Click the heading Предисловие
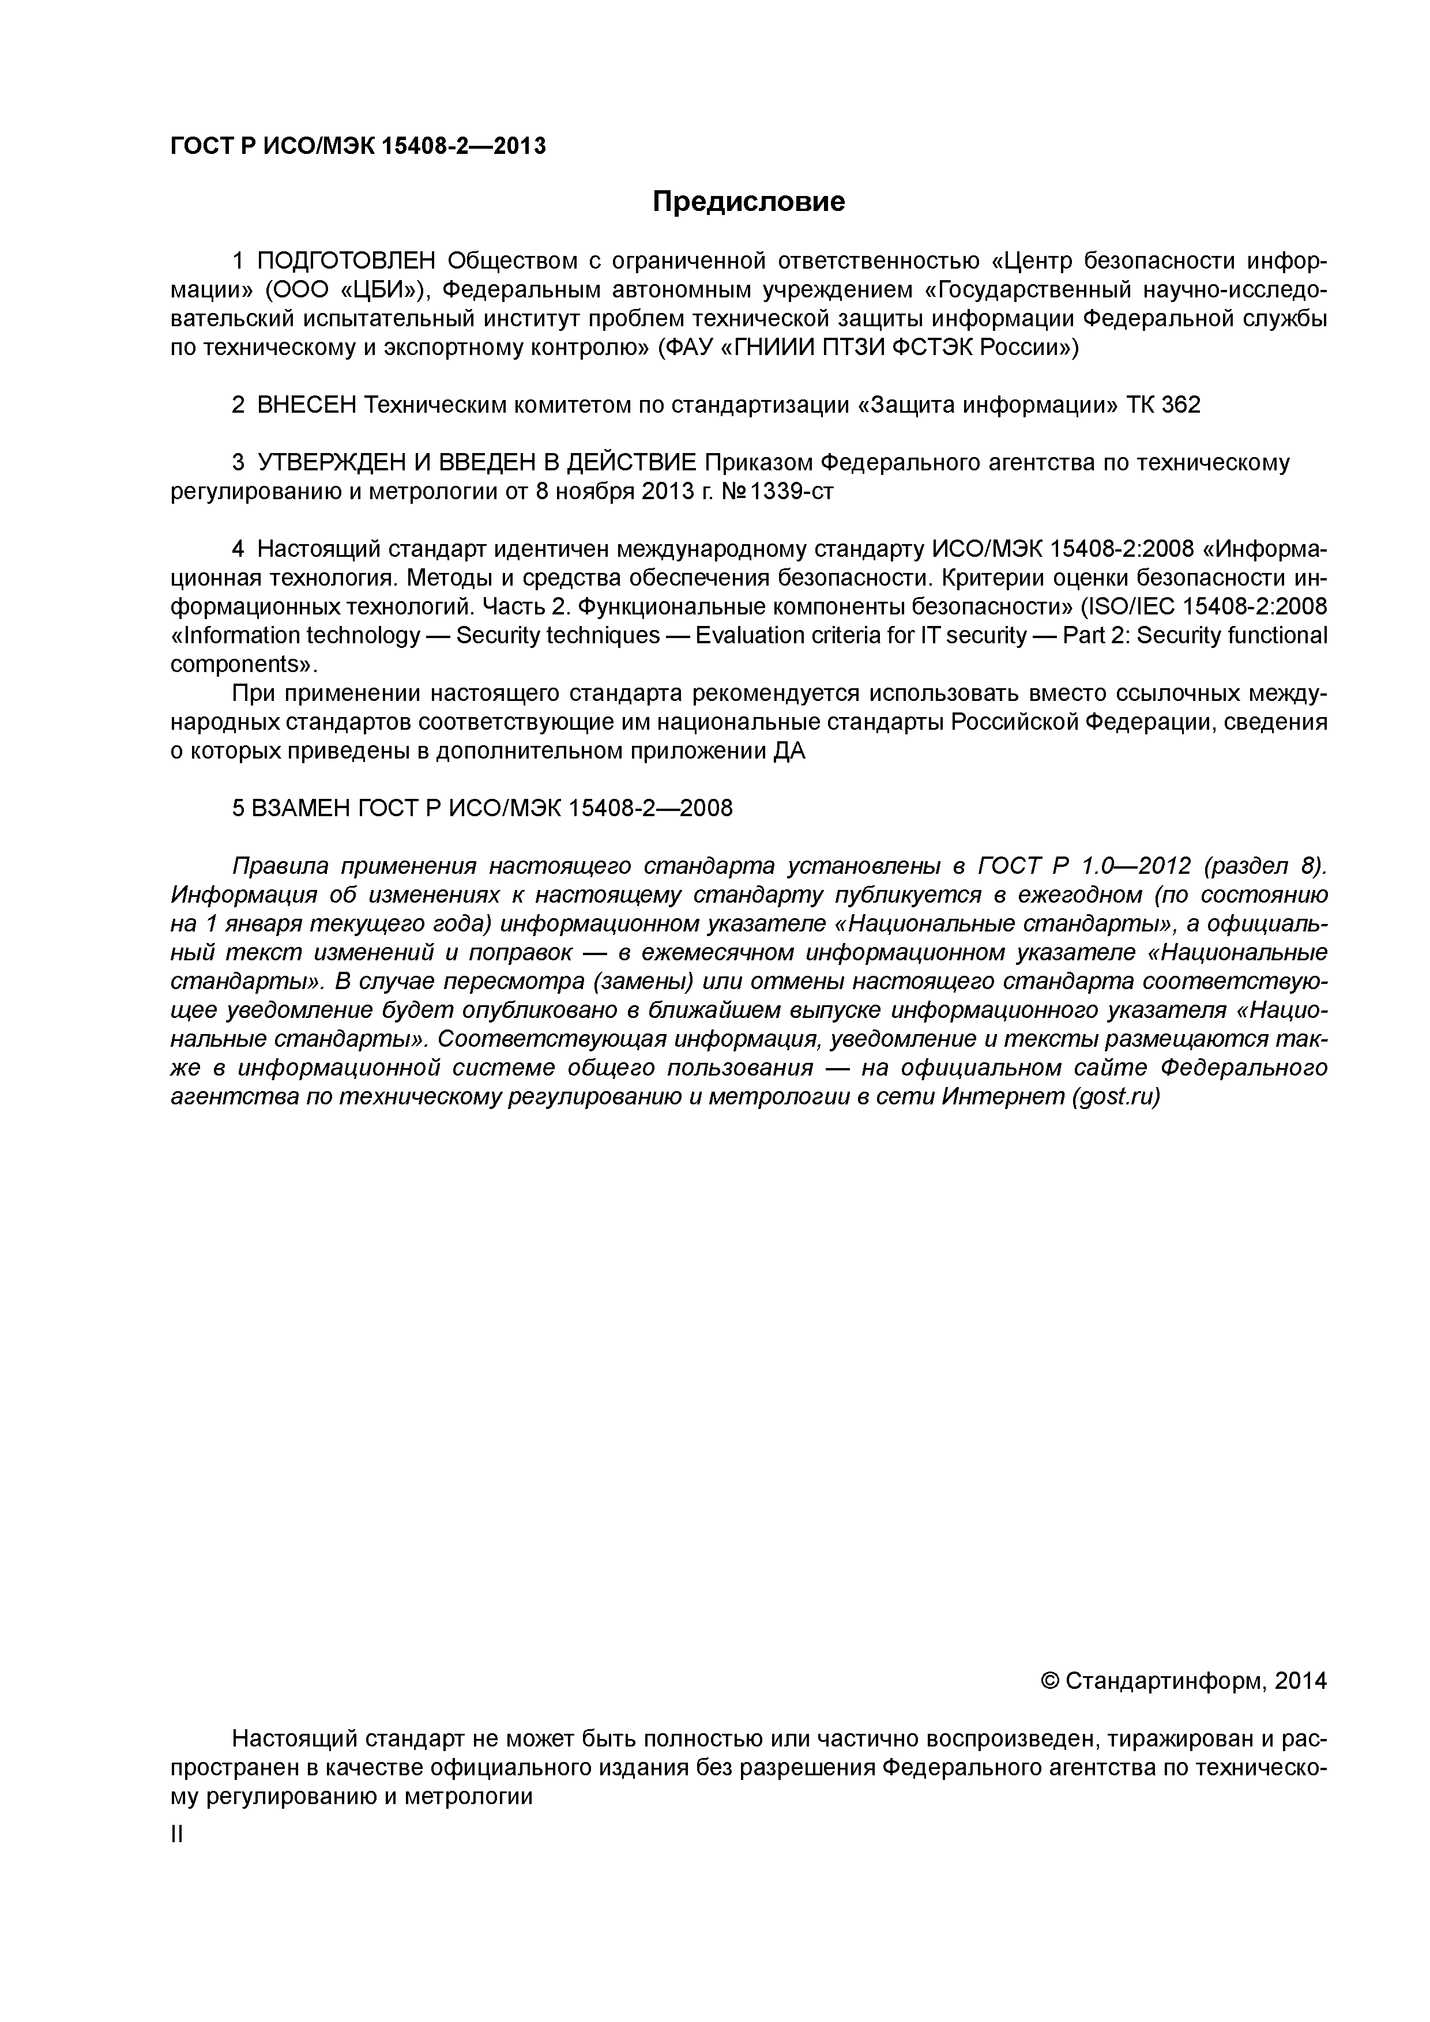(x=748, y=202)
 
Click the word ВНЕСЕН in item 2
(x=307, y=405)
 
